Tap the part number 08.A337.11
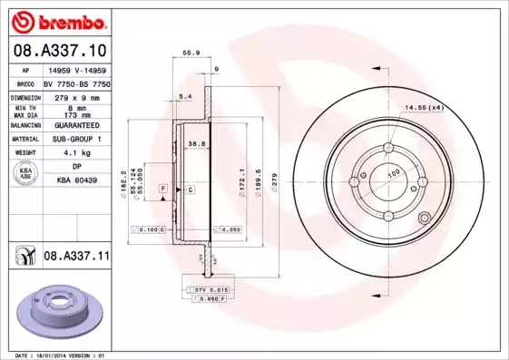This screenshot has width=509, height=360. pos(76,257)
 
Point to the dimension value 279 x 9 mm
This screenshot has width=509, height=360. pos(76,95)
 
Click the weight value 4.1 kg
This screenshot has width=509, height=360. pos(76,153)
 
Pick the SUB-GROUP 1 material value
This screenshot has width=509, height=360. pos(76,139)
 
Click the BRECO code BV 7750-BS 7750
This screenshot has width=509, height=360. pos(76,82)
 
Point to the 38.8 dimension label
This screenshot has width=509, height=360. pos(194,143)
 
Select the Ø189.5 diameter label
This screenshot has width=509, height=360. pos(259,178)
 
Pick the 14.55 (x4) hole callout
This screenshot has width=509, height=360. pos(424,109)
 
